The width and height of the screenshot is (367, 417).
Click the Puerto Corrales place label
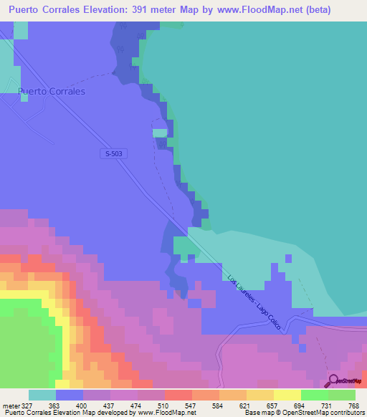52,92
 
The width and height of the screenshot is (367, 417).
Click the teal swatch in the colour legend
42,395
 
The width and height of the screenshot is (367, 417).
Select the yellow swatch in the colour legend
260,395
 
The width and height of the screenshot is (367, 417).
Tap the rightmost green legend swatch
342,395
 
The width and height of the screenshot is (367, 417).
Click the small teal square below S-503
160,132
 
